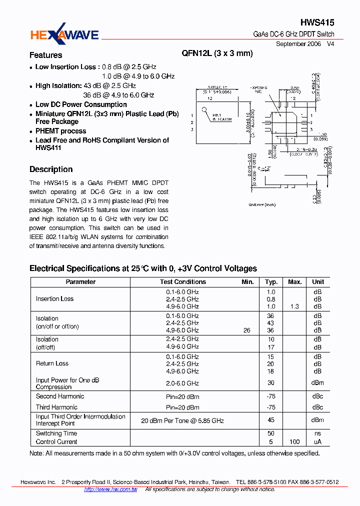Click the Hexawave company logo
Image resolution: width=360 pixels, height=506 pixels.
64,34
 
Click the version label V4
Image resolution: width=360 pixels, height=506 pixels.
330,44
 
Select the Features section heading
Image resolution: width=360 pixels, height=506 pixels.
45,55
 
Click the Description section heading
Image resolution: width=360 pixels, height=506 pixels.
51,169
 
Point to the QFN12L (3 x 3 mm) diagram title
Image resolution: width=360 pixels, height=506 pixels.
217,53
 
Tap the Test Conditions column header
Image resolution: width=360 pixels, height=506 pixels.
182,282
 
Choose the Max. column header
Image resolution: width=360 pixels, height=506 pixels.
295,282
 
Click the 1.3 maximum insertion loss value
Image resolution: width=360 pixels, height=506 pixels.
295,306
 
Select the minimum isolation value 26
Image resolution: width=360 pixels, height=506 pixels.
247,330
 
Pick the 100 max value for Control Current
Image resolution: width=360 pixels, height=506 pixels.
295,441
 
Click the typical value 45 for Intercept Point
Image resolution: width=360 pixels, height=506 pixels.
271,420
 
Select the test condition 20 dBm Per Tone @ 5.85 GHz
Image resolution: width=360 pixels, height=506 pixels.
182,420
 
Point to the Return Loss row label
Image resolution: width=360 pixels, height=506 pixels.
52,363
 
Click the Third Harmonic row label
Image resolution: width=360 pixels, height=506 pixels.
56,407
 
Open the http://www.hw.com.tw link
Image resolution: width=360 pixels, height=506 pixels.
110,489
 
